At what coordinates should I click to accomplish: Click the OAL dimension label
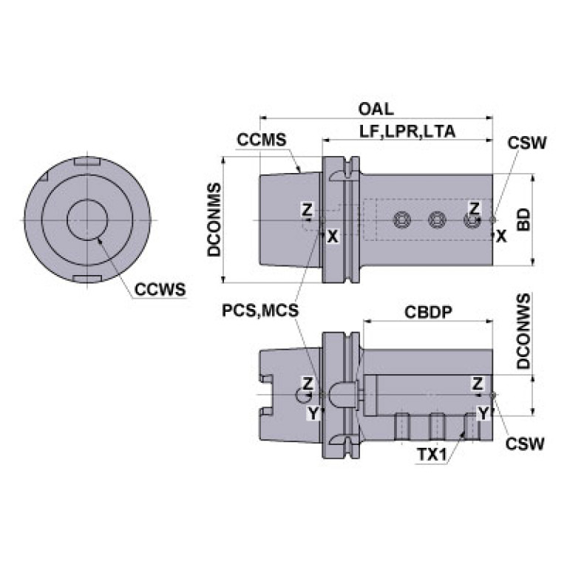[x=376, y=109]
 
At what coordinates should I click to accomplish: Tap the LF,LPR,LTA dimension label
[x=407, y=132]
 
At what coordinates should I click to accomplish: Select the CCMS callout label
[x=262, y=140]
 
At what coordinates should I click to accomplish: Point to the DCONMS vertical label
[x=214, y=220]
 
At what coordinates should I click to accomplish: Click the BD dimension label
[x=523, y=220]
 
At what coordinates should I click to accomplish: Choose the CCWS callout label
[x=160, y=289]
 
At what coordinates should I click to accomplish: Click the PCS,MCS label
[x=260, y=310]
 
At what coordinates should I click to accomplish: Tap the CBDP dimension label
[x=428, y=312]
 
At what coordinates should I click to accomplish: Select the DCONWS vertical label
[x=523, y=331]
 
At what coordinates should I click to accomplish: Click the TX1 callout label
[x=432, y=455]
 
